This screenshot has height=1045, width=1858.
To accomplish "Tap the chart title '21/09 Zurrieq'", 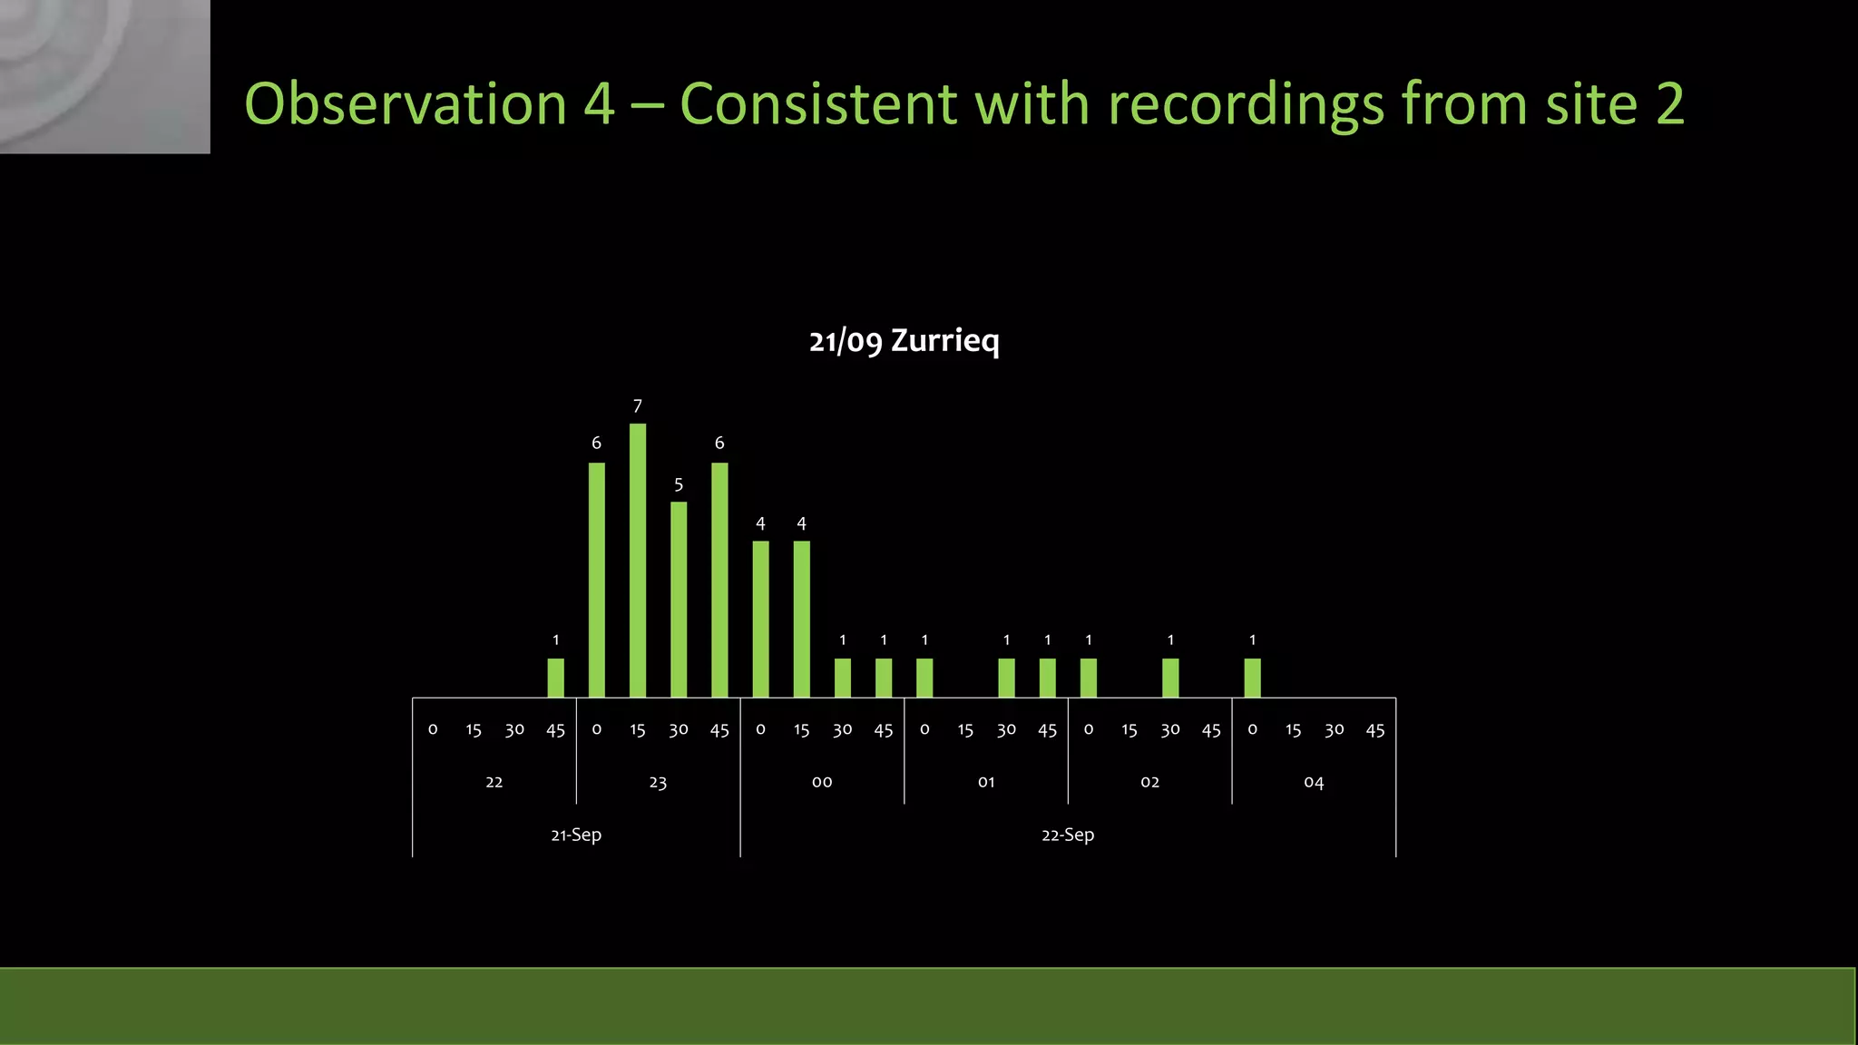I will pyautogui.click(x=904, y=341).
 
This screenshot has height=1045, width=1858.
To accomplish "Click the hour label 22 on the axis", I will pyautogui.click(x=494, y=782).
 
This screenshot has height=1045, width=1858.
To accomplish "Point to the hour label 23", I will pyautogui.click(x=658, y=782).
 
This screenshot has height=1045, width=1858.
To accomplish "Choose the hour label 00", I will pyautogui.click(x=822, y=782).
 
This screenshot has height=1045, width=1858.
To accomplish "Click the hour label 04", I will pyautogui.click(x=1314, y=782).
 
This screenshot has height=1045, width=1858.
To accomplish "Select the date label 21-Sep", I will pyautogui.click(x=576, y=835).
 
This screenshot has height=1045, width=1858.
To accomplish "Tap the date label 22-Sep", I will pyautogui.click(x=1068, y=835).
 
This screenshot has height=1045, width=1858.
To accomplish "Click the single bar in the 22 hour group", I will pyautogui.click(x=556, y=678).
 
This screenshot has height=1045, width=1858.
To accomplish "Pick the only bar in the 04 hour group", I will pyautogui.click(x=1253, y=678).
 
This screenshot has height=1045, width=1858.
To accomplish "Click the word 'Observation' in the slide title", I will pyautogui.click(x=406, y=103).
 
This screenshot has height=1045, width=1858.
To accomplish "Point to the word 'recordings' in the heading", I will pyautogui.click(x=1246, y=103).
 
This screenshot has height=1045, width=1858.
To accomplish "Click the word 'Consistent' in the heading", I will pyautogui.click(x=817, y=103).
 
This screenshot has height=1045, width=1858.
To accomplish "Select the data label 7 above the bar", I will pyautogui.click(x=638, y=406).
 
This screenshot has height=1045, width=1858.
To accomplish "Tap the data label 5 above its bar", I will pyautogui.click(x=679, y=484).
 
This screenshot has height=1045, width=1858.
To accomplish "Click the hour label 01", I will pyautogui.click(x=986, y=782).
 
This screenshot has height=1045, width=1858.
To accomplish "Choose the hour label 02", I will pyautogui.click(x=1150, y=782).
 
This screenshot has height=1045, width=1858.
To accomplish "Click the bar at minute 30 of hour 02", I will pyautogui.click(x=1170, y=678).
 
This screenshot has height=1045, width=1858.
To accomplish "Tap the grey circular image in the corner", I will pyautogui.click(x=104, y=76).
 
